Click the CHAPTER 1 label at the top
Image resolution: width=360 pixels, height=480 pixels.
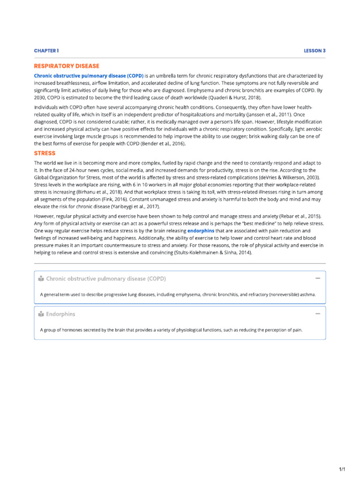point(46,51)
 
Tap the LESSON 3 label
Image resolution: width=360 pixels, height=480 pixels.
point(315,51)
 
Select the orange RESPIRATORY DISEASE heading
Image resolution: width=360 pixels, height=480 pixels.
point(67,66)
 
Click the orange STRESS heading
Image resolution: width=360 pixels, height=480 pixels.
point(45,153)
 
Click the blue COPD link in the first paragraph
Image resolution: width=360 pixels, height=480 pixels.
point(89,75)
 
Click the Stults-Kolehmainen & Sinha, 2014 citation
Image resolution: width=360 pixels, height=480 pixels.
point(212,253)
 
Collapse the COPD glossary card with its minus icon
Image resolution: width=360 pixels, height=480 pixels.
point(318,278)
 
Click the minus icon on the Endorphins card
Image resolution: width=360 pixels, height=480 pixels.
point(318,314)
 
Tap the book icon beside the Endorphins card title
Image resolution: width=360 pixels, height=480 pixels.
point(41,314)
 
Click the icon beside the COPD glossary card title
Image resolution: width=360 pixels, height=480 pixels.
point(41,279)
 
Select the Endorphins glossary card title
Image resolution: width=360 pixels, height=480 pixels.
point(60,314)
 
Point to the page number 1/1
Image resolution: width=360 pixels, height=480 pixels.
point(342,469)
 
